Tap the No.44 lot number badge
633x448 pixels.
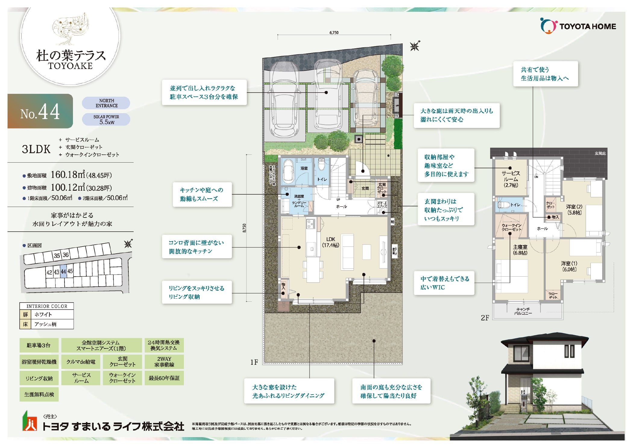40,111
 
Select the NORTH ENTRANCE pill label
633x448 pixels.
106,103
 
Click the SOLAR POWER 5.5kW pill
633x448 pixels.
106,119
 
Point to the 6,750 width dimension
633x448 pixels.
334,33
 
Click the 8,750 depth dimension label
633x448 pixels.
244,228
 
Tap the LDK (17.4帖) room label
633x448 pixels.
331,242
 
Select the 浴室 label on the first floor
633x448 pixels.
304,168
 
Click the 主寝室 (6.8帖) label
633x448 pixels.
520,250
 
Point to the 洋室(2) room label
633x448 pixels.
574,209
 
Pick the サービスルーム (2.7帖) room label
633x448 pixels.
511,179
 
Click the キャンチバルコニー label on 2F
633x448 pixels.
523,311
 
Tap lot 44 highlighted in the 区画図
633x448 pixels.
63,272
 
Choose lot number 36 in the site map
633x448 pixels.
65,255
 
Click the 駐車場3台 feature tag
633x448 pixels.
39,345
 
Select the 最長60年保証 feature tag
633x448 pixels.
164,378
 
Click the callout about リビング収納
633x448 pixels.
197,292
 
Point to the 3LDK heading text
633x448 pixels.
36,149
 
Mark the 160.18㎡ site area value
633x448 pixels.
68,175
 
